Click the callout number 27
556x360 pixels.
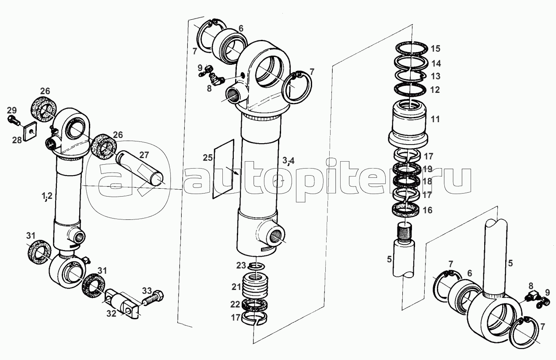pyautogui.click(x=144, y=155)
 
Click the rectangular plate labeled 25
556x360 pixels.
pyautogui.click(x=223, y=169)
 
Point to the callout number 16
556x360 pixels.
pyautogui.click(x=427, y=211)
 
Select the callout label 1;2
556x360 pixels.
pyautogui.click(x=47, y=196)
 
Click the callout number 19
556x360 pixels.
pyautogui.click(x=427, y=169)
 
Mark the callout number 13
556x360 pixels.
pyautogui.click(x=436, y=76)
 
